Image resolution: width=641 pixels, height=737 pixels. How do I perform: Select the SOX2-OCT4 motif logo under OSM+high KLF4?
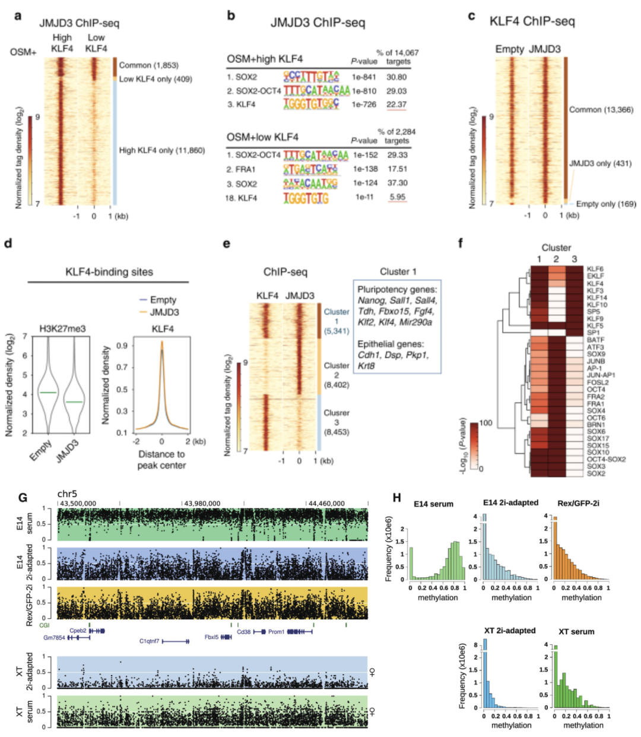pos(316,90)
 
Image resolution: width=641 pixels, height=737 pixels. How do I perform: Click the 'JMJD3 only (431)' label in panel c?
pos(600,163)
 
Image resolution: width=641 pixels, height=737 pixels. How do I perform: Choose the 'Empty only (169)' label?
pos(605,204)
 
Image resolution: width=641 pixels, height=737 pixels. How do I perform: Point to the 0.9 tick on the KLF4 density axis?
pos(122,345)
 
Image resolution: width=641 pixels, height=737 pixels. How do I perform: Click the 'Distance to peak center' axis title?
pos(161,460)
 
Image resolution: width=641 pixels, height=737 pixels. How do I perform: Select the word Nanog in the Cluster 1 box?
pos(370,301)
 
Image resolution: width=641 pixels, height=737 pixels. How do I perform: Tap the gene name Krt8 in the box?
pos(366,366)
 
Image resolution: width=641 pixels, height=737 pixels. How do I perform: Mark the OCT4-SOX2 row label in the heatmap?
pos(606,459)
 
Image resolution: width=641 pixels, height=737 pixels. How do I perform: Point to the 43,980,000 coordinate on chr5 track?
pos(202,504)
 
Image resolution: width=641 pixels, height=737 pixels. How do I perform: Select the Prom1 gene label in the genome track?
pos(276,631)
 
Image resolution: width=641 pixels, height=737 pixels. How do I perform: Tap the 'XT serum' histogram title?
pos(576,631)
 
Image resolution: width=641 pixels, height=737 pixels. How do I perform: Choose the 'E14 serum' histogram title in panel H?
pos(433,504)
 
